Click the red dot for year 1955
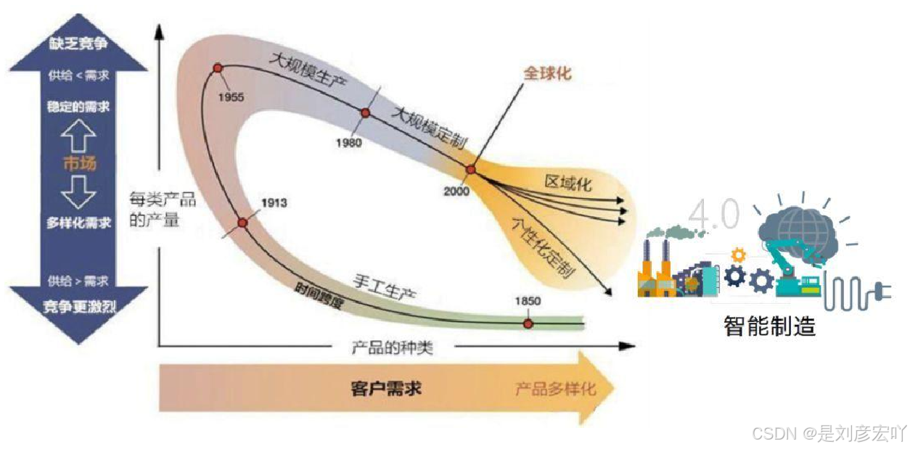pos(217,68)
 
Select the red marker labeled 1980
pos(365,113)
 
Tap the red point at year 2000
pos(470,170)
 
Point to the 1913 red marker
pos(242,223)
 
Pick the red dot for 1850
pos(528,323)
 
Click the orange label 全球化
pos(547,73)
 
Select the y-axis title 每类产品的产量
pos(154,209)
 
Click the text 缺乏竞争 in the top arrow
pos(79,44)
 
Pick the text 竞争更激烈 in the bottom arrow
pos(79,308)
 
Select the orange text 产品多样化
pos(555,389)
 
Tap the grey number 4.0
pos(714,215)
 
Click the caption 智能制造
pos(769,326)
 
